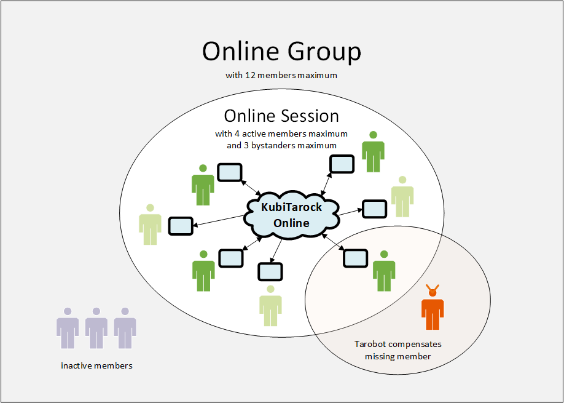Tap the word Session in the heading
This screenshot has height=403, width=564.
point(310,116)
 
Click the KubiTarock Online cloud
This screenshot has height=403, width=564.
point(291,215)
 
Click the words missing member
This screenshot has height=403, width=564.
point(398,356)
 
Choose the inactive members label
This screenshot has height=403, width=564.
point(96,365)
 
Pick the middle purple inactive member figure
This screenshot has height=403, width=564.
point(96,328)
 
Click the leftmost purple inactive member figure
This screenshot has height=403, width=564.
point(68,328)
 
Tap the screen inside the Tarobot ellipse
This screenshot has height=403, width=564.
point(354,258)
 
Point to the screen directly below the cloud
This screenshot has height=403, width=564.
point(270,272)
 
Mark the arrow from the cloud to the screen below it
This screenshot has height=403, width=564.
point(276,250)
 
